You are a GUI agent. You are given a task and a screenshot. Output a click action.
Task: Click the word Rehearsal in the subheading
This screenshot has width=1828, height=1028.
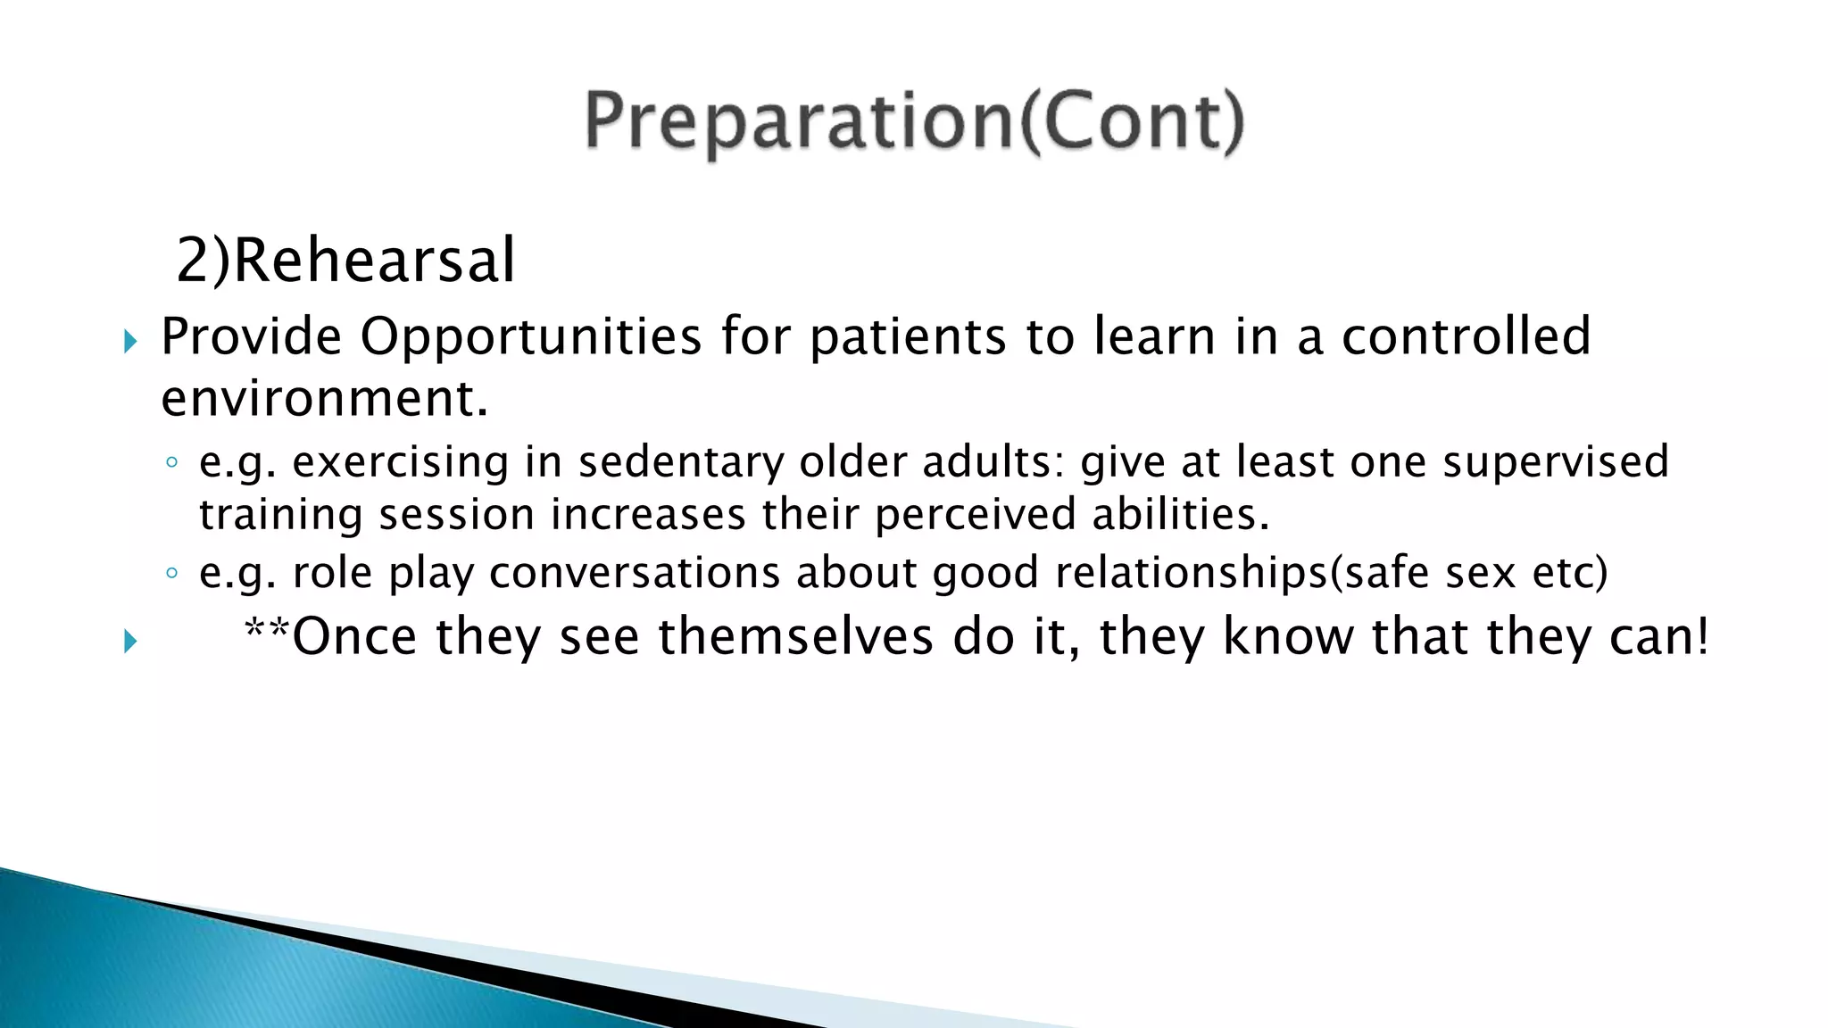click(x=374, y=261)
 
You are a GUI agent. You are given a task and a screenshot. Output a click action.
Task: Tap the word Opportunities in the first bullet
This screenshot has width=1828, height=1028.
click(x=530, y=337)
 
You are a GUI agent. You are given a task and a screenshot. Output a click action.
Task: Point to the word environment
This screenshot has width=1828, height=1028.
click(x=323, y=398)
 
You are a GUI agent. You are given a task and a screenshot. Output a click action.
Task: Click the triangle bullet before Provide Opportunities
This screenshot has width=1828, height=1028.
click(x=130, y=341)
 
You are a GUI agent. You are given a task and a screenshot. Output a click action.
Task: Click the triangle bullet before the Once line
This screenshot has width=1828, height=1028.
click(x=130, y=641)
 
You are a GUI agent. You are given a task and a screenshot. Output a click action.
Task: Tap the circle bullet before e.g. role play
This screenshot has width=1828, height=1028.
click(x=172, y=573)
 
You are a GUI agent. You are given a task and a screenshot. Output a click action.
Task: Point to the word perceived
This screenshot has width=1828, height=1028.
click(x=975, y=515)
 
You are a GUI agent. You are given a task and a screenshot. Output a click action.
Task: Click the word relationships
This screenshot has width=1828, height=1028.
click(x=1192, y=572)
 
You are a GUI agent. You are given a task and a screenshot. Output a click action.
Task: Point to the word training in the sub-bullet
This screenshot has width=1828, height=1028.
click(x=279, y=515)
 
